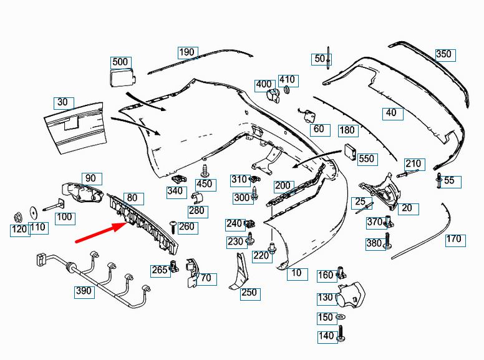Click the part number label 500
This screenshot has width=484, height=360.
(120, 62)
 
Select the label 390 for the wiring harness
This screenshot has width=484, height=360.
(84, 291)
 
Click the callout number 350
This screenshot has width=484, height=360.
(443, 54)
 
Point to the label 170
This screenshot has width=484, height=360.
(454, 239)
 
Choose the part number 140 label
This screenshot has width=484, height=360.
(326, 336)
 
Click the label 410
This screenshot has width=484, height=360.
(287, 80)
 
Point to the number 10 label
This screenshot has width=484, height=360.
(296, 273)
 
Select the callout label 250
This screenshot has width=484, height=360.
(249, 293)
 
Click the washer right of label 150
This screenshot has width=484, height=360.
(341, 318)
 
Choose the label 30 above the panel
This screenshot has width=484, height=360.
(62, 102)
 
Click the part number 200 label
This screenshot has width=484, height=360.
(283, 186)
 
